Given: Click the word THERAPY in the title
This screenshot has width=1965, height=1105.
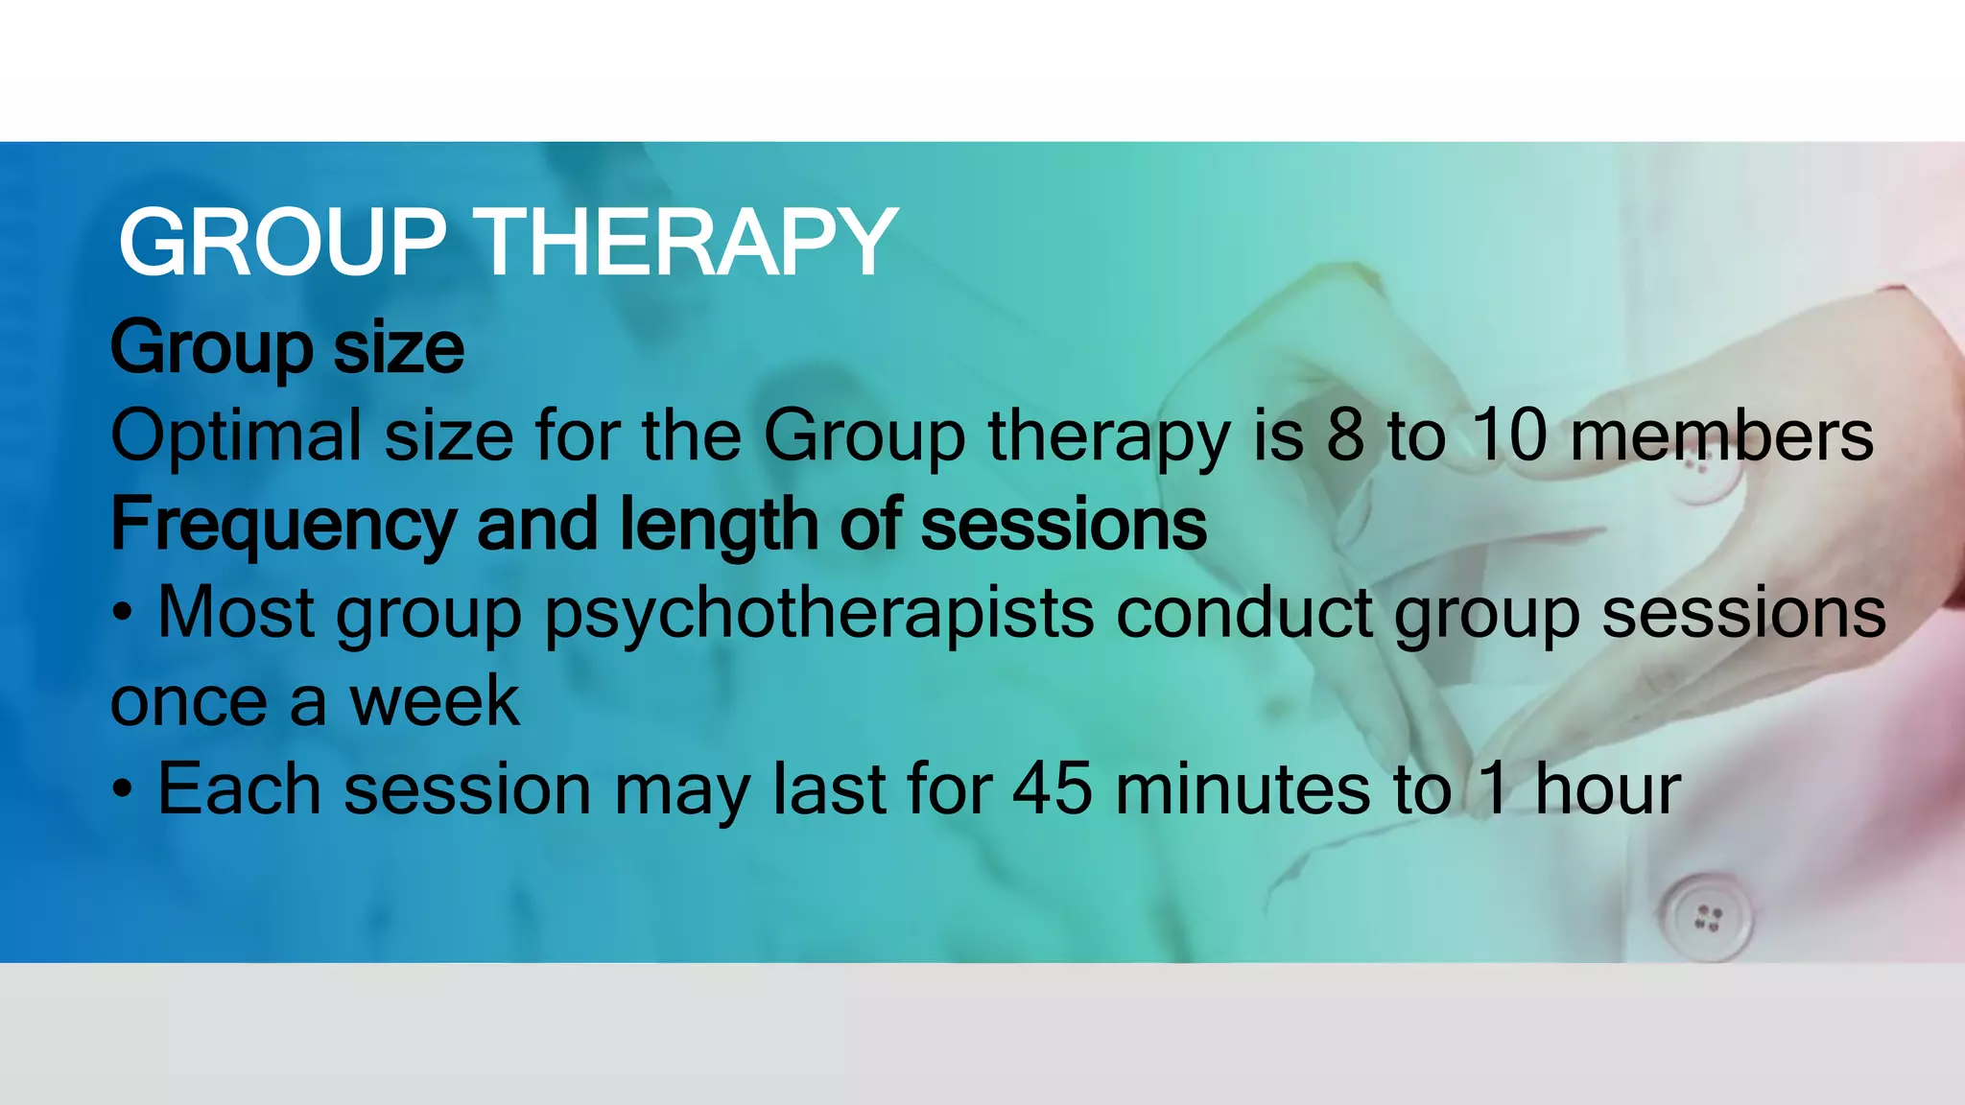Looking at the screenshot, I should pos(687,244).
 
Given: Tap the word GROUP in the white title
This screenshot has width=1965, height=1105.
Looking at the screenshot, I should pos(282,244).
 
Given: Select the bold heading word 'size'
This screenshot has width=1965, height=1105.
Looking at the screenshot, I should pos(398,347).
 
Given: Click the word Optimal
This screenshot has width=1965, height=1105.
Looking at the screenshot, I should pos(236,436).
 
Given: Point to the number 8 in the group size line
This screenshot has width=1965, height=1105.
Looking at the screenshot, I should pos(1345,436).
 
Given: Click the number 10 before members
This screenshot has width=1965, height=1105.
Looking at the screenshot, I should pos(1509,436).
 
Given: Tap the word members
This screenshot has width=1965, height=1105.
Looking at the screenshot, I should pos(1721,436).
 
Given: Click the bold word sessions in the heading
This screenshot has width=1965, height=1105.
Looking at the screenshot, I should pos(1063,526).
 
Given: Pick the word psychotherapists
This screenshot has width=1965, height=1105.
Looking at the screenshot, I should pos(818,614).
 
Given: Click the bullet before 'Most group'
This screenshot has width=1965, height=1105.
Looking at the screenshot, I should pos(122,614).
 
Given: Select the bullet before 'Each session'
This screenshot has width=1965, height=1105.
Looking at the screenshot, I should pos(122,790).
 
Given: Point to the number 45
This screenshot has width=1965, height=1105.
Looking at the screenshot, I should pos(1052,790).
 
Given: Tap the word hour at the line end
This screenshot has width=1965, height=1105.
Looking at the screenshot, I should pos(1607,790).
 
